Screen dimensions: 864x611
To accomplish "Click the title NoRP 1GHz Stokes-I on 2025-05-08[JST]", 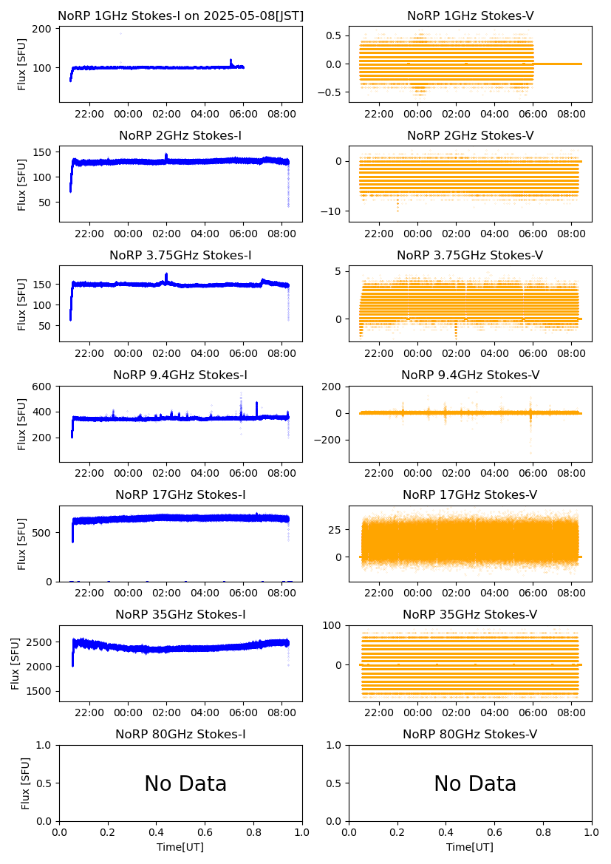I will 180,16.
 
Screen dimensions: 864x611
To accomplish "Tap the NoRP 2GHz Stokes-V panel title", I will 470,136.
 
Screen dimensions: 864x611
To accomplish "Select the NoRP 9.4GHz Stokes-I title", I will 180,375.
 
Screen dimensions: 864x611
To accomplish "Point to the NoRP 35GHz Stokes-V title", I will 470,615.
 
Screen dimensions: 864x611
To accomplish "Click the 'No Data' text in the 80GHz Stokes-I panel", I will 185,784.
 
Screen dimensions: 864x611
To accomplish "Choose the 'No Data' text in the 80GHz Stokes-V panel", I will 475,784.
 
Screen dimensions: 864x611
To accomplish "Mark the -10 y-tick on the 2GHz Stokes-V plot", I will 333,211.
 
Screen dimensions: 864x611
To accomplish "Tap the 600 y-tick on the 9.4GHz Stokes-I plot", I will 43,387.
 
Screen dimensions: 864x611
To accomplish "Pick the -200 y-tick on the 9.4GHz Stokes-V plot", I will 330,440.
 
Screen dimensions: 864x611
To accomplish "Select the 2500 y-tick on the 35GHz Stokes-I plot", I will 40,642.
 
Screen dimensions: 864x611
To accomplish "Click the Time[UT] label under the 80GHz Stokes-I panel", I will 180,847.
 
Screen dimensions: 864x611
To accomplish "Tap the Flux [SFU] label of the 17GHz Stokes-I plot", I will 22,543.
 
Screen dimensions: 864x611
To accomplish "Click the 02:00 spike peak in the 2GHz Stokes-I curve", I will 166,154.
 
